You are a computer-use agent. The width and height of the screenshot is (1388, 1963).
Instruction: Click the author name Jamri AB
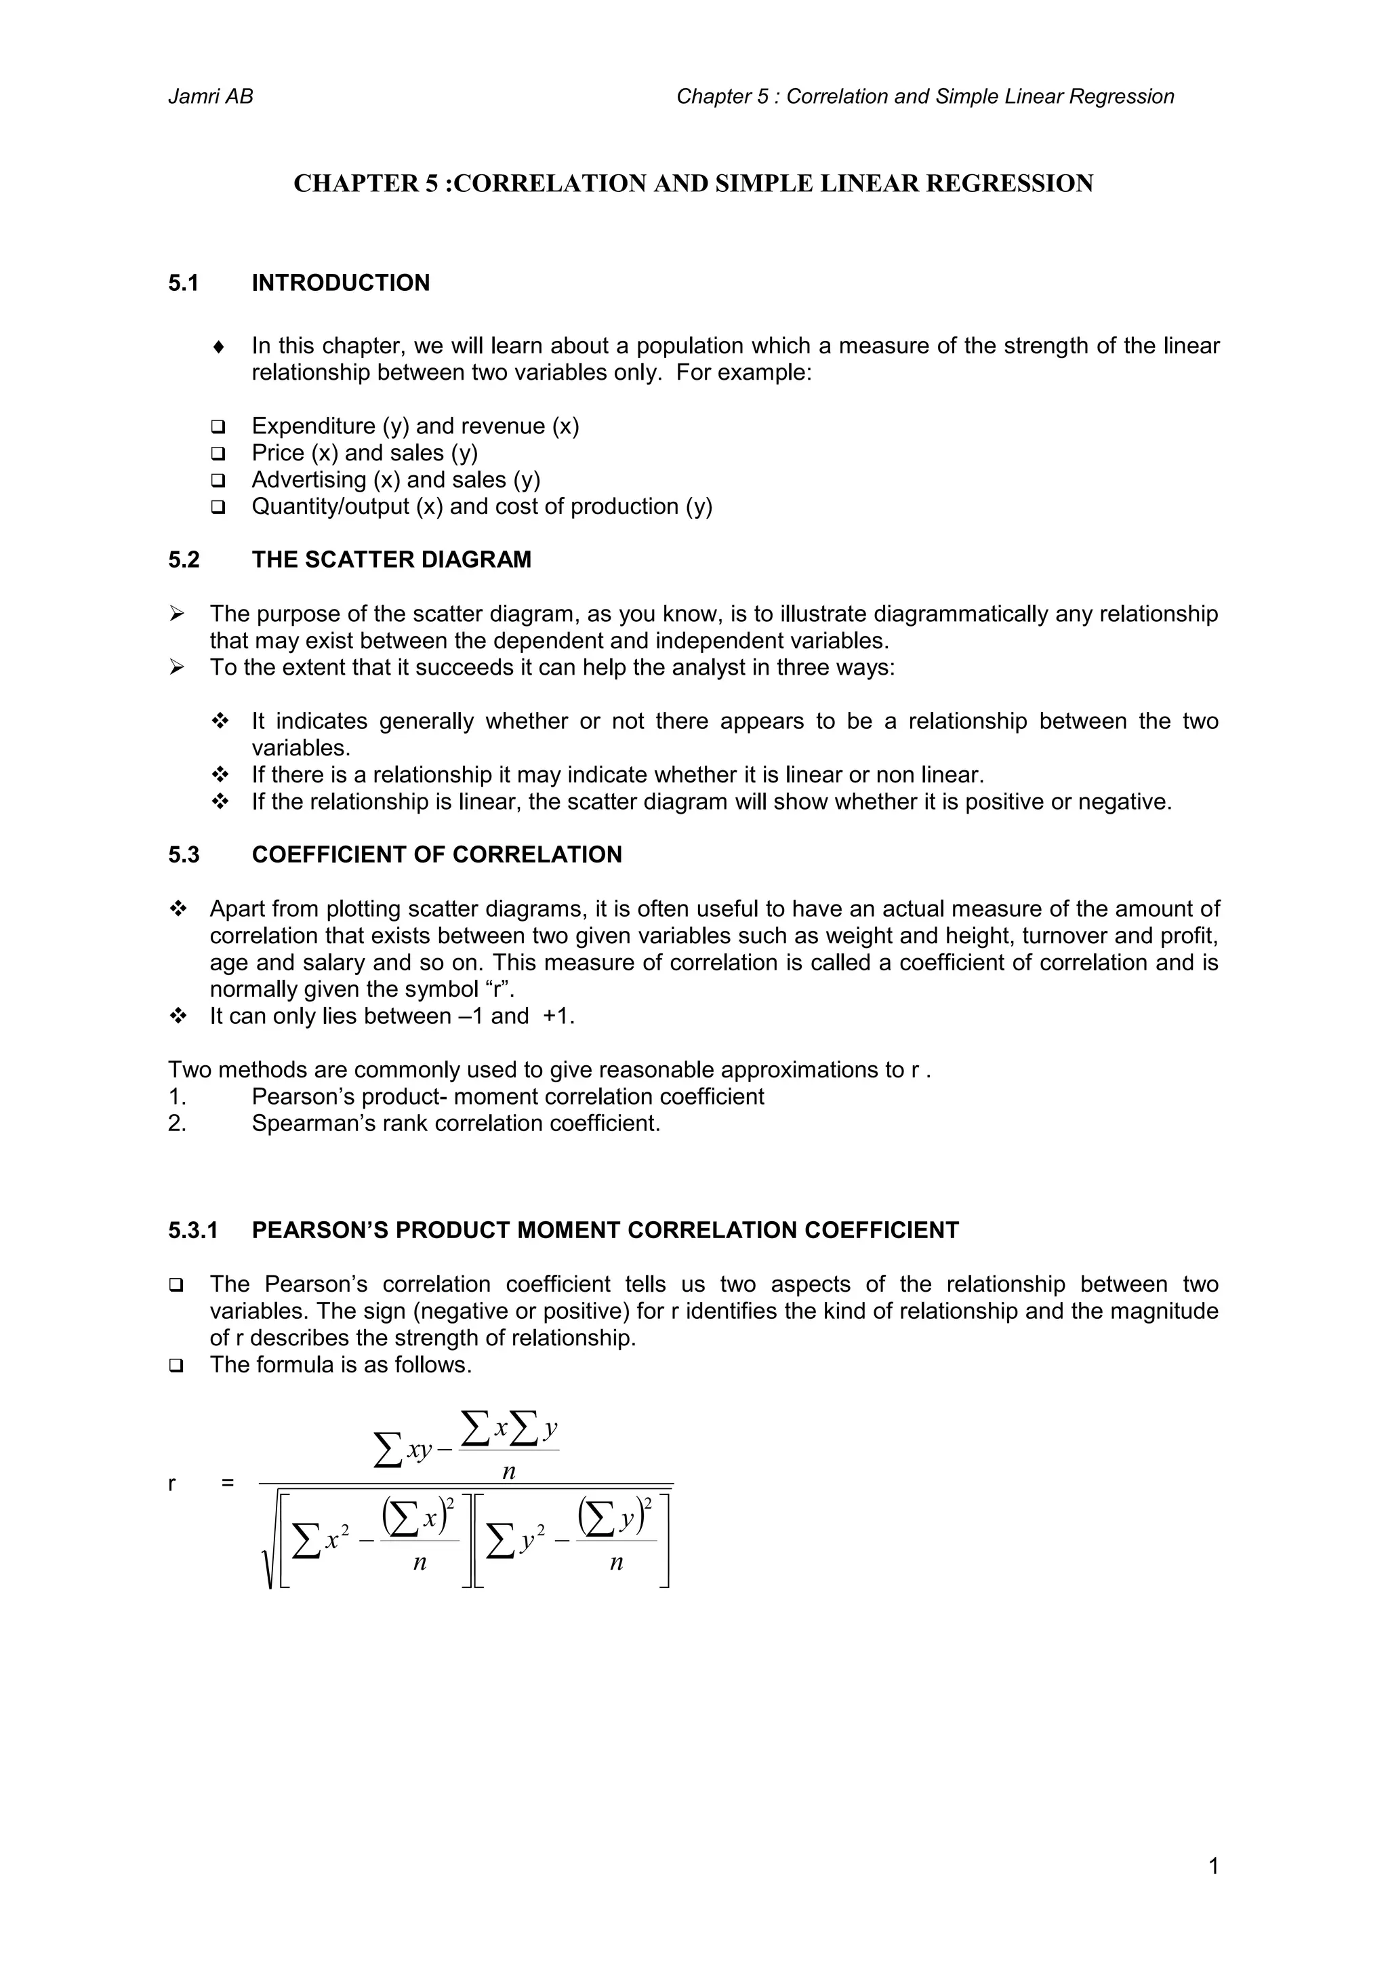pyautogui.click(x=210, y=96)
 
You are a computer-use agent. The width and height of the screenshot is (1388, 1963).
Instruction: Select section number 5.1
pyautogui.click(x=183, y=283)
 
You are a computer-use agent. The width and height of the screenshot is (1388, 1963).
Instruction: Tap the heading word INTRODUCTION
pyautogui.click(x=340, y=283)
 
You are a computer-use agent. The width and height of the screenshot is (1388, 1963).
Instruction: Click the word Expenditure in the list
pyautogui.click(x=313, y=426)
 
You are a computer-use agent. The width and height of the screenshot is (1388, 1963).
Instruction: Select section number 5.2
pyautogui.click(x=184, y=560)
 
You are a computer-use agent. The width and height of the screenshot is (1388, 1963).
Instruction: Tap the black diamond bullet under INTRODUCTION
pyautogui.click(x=219, y=347)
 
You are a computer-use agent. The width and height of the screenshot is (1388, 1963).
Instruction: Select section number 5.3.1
pyautogui.click(x=193, y=1230)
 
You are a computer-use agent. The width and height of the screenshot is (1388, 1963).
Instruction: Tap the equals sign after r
pyautogui.click(x=226, y=1484)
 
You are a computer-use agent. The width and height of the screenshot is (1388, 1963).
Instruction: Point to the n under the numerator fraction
pyautogui.click(x=508, y=1471)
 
